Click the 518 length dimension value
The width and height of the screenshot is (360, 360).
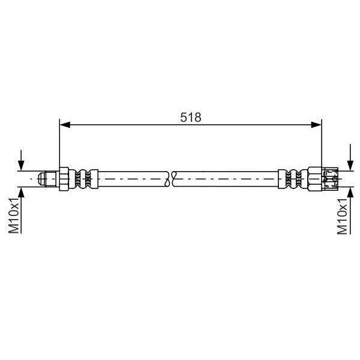tap(190, 117)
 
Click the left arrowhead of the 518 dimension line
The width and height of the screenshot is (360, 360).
tap(65, 125)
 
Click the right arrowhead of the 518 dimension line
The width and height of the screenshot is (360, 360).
tap(316, 125)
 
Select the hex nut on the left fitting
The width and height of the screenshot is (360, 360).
tap(64, 179)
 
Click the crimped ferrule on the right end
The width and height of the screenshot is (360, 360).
tap(295, 179)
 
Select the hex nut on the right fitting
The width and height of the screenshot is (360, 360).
tap(314, 179)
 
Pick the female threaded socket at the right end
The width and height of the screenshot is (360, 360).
tap(329, 179)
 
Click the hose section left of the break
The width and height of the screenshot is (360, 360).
tap(132, 179)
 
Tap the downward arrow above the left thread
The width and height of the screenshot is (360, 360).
tap(22, 163)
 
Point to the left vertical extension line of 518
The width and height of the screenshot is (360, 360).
tap(59, 144)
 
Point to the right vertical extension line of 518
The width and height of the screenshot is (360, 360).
tap(322, 144)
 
